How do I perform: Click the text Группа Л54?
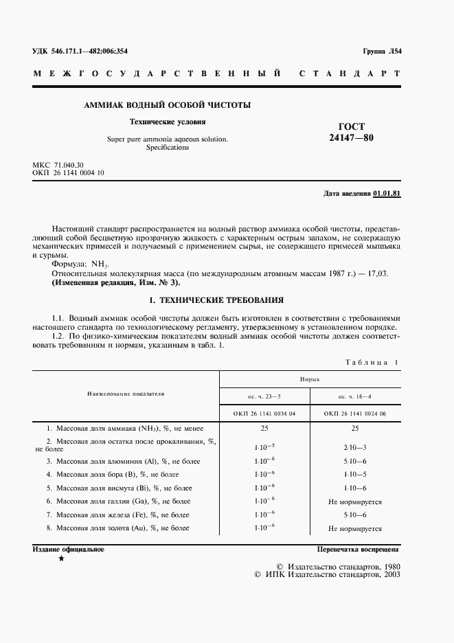pos(381,52)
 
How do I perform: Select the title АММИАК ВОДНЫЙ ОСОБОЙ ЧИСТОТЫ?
pos(167,106)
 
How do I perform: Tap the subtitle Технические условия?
pos(168,122)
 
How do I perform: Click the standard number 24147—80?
pos(351,138)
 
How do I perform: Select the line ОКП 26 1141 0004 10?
pos(68,173)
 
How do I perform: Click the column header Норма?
pos(309,379)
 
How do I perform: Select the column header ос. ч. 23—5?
pos(264,397)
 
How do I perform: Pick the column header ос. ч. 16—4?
pos(355,397)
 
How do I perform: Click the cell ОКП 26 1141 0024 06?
pos(355,414)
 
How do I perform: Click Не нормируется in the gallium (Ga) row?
pos(355,501)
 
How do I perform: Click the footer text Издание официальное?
pos(68,550)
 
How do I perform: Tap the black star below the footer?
pos(62,560)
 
